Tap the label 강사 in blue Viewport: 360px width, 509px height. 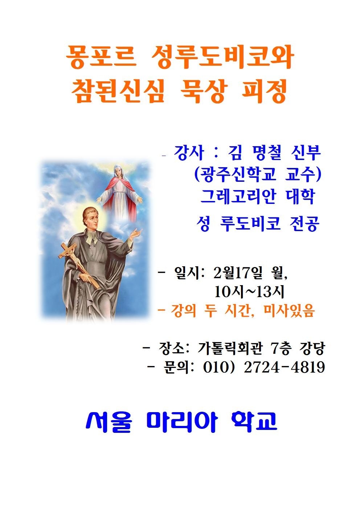189,153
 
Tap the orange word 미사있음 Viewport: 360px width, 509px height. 289,311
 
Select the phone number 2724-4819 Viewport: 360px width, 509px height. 284,368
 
